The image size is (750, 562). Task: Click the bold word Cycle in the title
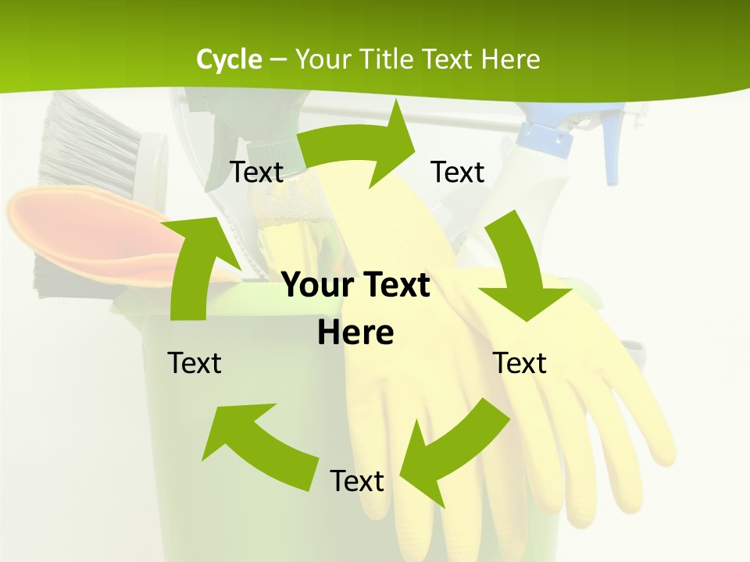point(229,59)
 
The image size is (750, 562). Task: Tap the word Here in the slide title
point(510,59)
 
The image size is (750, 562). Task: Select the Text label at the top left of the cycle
point(256,172)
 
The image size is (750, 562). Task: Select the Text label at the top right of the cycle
point(458,172)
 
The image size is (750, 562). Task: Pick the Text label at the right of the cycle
point(520,363)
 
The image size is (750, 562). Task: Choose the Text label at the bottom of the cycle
point(357,481)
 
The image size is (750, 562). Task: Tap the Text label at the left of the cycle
point(195,363)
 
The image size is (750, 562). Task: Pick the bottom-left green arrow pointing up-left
point(258,441)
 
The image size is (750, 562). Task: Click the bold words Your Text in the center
point(355,285)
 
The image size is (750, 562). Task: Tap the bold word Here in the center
point(355,333)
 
